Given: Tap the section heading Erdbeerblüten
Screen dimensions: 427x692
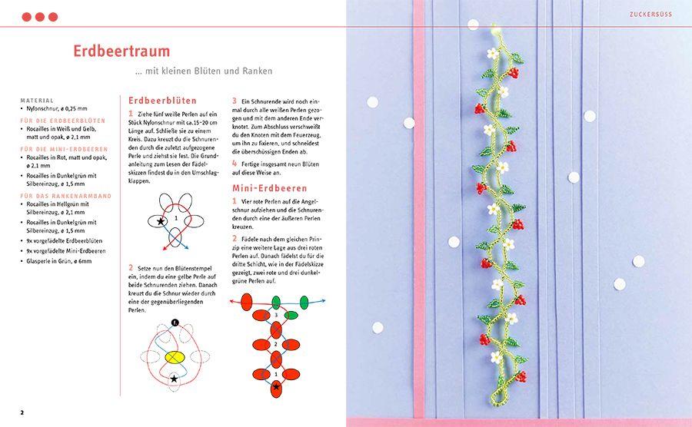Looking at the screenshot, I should tap(162, 101).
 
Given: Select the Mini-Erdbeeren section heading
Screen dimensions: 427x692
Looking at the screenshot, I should tap(269, 187).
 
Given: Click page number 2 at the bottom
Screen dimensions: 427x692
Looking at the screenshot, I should tap(22, 413).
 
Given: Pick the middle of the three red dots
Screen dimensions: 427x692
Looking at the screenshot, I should tap(39, 16).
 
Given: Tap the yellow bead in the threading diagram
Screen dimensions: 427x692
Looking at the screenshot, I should tap(175, 357).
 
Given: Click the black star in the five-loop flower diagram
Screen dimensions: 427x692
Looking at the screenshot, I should tap(161, 221).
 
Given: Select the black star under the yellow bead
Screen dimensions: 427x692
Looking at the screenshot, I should tap(174, 379).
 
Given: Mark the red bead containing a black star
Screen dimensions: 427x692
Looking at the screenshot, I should tap(276, 387).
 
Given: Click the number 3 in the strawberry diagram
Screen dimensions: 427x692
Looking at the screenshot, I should tap(276, 316).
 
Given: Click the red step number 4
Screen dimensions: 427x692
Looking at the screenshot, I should tap(235, 164).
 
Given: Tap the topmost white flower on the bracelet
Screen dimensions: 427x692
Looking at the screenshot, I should tap(493, 53).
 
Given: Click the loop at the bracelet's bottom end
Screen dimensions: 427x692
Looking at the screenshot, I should tap(497, 396).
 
